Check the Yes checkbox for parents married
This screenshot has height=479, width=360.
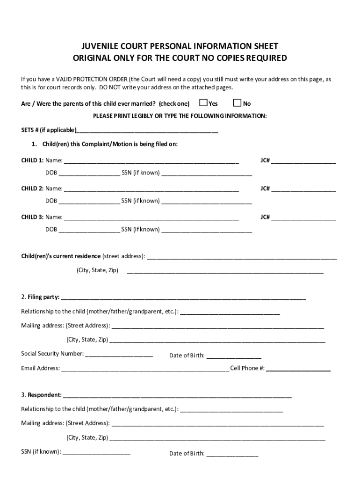pyautogui.click(x=203, y=103)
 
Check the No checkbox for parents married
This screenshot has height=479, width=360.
pyautogui.click(x=237, y=103)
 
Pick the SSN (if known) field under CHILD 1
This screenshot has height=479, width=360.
pyautogui.click(x=207, y=174)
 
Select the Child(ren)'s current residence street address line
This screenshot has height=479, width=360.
pyautogui.click(x=242, y=257)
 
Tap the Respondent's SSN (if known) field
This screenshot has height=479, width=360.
pyautogui.click(x=96, y=453)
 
